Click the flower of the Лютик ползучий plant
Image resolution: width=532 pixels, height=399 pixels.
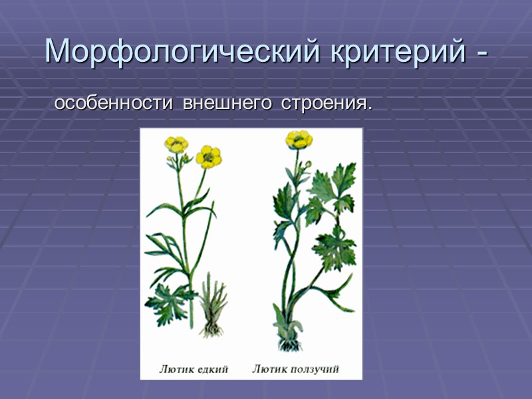click(299, 139)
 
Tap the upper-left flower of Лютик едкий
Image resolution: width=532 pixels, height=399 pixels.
click(176, 144)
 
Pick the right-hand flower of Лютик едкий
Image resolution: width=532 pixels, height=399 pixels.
click(209, 156)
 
